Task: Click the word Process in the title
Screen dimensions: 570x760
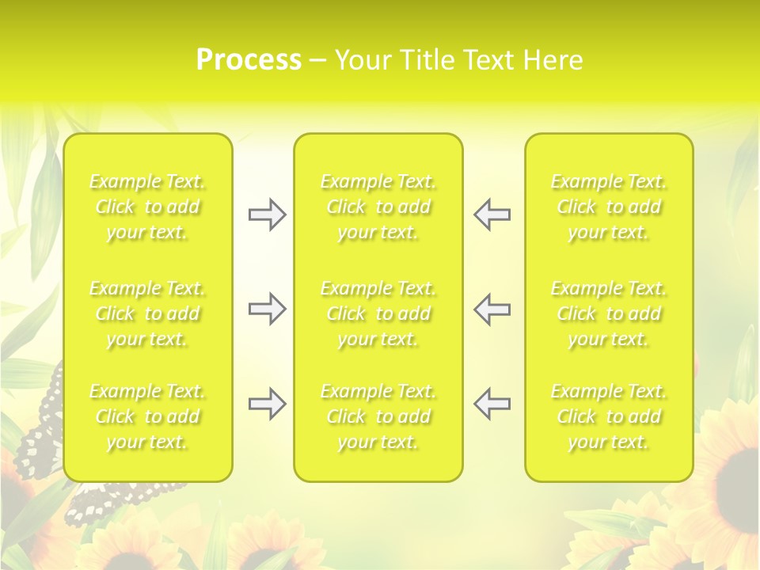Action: tap(249, 60)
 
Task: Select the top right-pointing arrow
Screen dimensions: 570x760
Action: tap(267, 215)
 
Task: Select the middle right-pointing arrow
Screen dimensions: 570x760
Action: tap(267, 309)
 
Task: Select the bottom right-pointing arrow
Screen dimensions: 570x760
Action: tap(267, 404)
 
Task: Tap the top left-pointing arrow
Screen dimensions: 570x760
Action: tap(492, 215)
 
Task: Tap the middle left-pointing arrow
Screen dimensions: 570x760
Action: tap(492, 309)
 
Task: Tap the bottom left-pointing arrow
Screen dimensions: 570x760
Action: tap(492, 404)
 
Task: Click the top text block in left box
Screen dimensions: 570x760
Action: tap(147, 207)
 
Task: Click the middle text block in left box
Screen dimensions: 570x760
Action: tap(147, 313)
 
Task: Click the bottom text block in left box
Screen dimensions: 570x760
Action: tap(147, 416)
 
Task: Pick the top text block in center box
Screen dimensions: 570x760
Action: tap(378, 207)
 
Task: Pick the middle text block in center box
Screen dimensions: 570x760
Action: tap(378, 313)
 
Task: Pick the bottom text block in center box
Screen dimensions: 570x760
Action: tap(378, 416)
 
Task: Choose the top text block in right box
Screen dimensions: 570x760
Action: tap(609, 207)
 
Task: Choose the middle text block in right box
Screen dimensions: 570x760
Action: tap(609, 313)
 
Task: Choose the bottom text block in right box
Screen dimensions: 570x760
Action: tap(609, 416)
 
